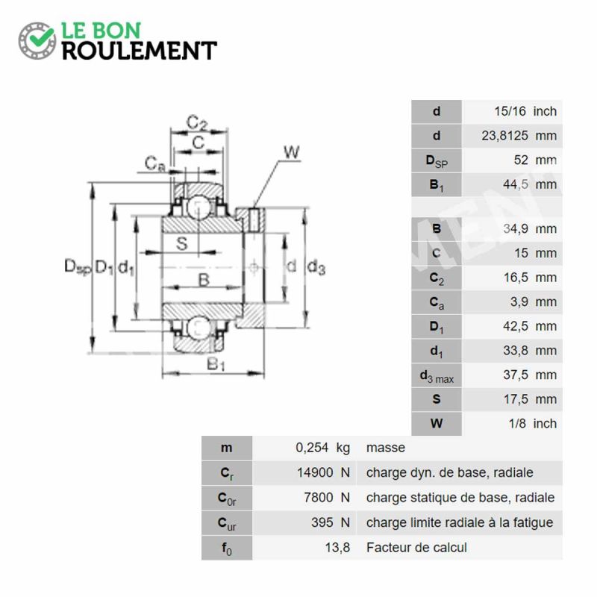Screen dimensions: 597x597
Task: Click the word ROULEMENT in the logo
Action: pos(140,51)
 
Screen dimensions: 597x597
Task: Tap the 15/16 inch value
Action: pos(525,111)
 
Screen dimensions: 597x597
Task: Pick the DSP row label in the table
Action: pos(437,160)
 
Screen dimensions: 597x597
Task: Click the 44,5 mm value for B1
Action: pos(530,184)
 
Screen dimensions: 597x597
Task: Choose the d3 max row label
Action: pos(437,376)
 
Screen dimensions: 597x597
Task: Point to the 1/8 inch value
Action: pos(533,423)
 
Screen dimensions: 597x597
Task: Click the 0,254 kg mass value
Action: pos(322,447)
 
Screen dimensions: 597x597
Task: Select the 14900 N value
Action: pos(323,472)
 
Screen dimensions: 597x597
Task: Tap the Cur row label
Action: pos(227,524)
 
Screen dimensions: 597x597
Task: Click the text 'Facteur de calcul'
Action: pos(416,548)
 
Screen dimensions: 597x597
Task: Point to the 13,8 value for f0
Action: pos(337,548)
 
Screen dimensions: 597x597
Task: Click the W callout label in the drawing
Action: pos(292,152)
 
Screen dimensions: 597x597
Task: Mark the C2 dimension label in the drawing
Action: pos(197,122)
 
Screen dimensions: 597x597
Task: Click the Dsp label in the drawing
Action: pos(78,266)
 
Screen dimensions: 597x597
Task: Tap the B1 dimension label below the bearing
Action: pos(216,364)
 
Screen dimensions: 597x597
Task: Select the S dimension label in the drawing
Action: pos(182,243)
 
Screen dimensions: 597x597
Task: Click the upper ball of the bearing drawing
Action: pos(199,208)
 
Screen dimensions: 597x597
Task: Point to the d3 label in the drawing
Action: pos(316,267)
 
